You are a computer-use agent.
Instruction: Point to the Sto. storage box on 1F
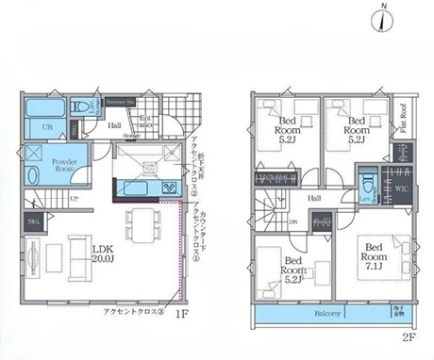pos(33,222)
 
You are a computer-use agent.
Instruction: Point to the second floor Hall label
pos(313,198)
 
